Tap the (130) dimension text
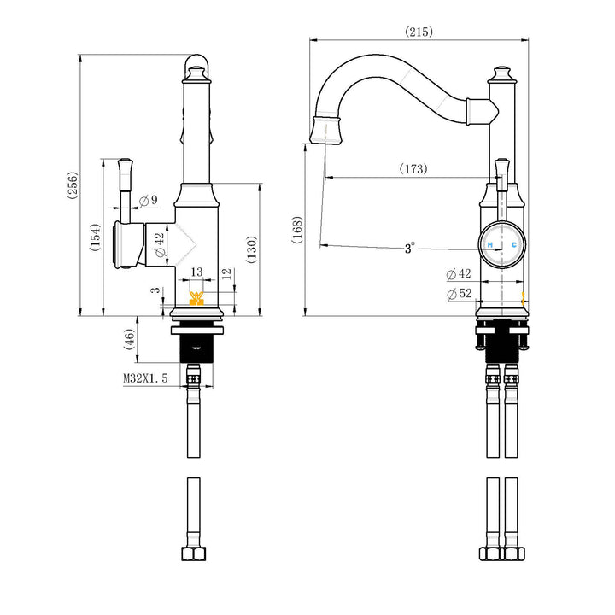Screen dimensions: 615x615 (x=251, y=249)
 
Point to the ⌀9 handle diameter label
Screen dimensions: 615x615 (x=147, y=200)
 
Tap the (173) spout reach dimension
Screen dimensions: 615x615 (x=413, y=169)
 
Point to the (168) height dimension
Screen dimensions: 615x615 (x=297, y=230)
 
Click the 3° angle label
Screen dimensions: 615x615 (x=410, y=249)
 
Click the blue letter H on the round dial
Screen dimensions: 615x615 (x=490, y=245)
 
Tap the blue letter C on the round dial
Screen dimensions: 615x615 (x=513, y=245)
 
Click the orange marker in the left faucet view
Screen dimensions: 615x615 (x=196, y=297)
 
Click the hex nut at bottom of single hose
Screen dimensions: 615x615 (x=194, y=553)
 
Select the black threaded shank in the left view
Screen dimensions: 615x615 (x=196, y=346)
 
